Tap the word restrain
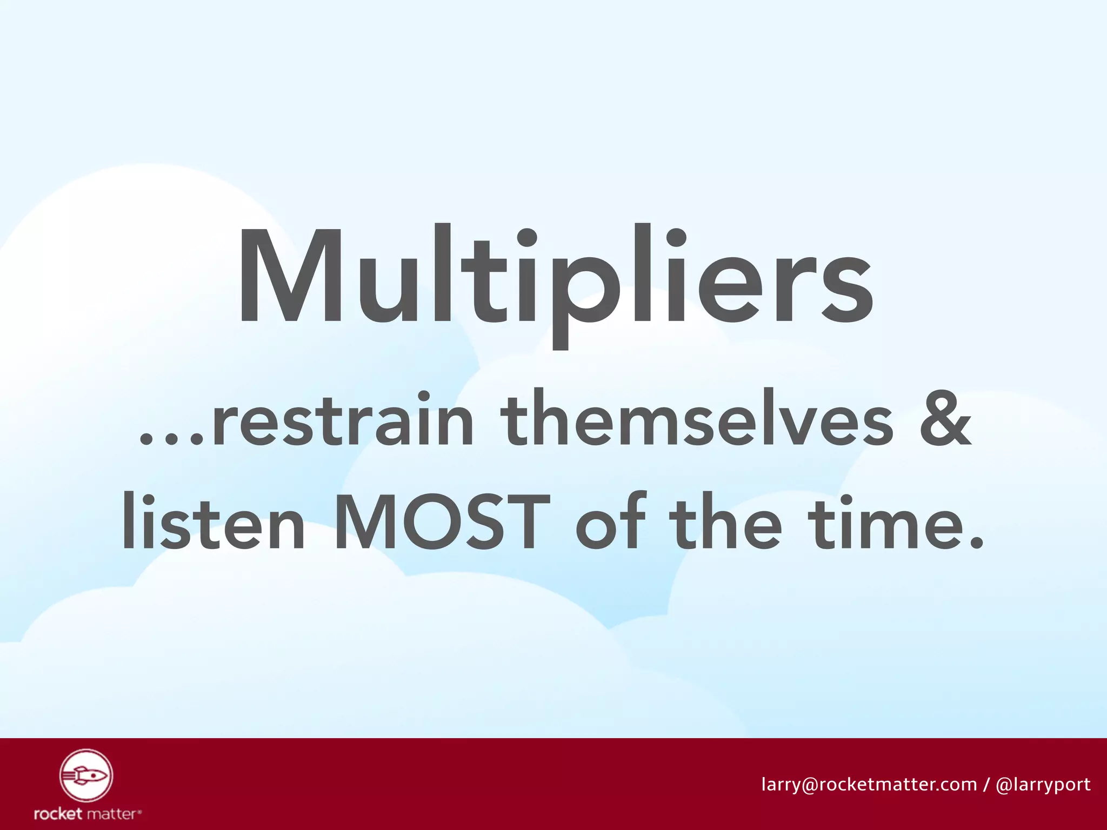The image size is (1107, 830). click(x=343, y=420)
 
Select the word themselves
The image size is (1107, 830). click(x=697, y=420)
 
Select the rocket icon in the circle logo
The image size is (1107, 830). click(x=86, y=776)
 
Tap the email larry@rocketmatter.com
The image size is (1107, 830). click(x=869, y=784)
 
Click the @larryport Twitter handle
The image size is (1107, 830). click(x=1043, y=784)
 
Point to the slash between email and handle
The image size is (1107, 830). click(x=986, y=784)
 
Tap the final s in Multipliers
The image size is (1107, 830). click(x=846, y=289)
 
